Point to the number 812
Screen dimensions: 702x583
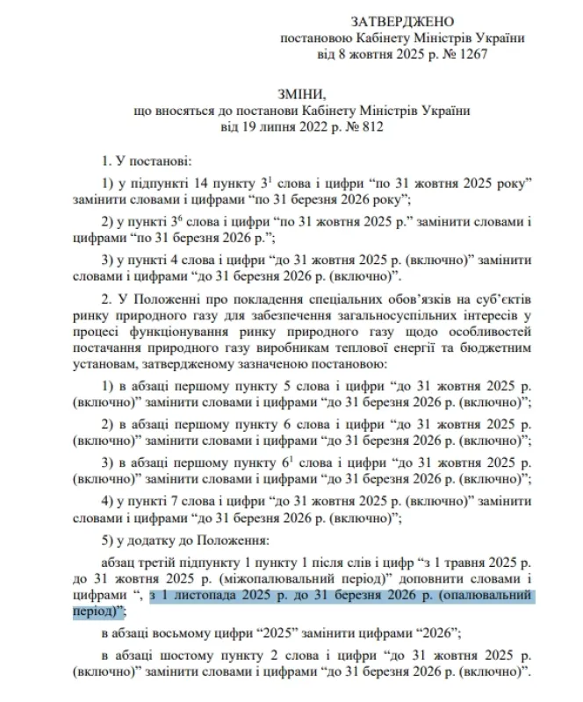tap(368, 126)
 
